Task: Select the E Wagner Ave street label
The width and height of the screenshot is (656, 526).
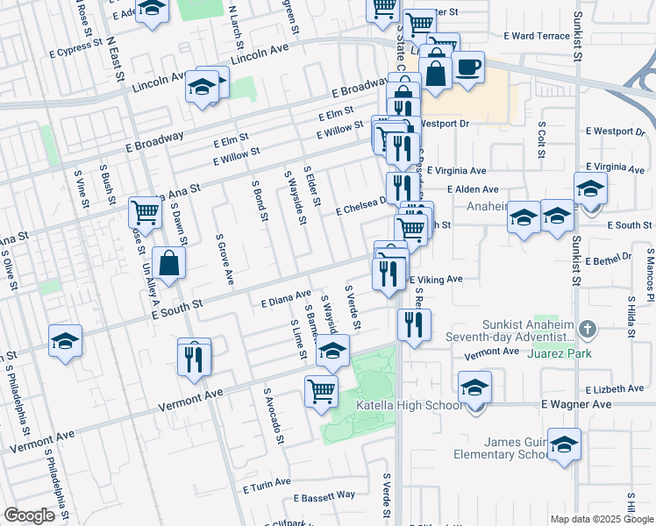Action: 575,404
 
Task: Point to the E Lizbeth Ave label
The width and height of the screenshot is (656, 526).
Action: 614,388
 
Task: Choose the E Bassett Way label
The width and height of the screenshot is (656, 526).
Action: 324,495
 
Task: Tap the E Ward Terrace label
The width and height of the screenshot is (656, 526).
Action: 537,36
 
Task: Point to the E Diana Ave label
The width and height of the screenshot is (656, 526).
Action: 286,300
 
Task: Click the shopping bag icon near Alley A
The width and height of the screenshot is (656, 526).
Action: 168,263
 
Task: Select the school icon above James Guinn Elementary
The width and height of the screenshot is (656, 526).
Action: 564,444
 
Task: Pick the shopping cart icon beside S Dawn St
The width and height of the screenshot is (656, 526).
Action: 145,211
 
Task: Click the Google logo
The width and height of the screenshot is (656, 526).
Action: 30,516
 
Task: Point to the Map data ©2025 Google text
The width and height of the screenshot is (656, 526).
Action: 602,519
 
